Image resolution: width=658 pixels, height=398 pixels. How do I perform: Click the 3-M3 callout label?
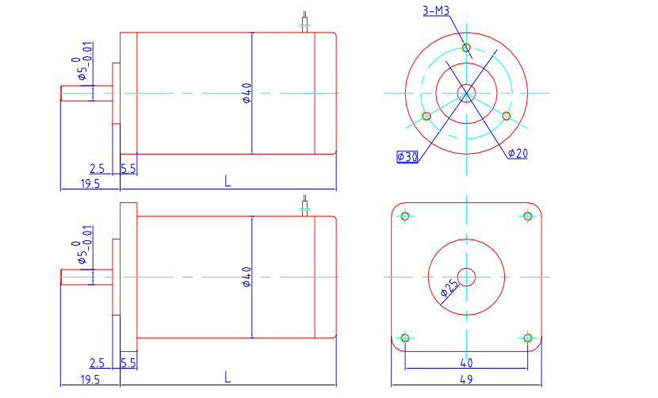coord(436,10)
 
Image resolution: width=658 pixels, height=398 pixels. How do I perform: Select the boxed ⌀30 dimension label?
coord(407,157)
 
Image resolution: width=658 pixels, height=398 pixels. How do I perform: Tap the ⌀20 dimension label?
coord(518,153)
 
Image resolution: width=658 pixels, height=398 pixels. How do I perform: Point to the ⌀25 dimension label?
coord(450,289)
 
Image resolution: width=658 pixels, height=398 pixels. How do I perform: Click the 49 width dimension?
coord(466,379)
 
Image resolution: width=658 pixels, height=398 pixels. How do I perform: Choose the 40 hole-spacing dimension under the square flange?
coord(466,362)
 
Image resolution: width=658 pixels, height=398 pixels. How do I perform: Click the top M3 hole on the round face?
coord(466,48)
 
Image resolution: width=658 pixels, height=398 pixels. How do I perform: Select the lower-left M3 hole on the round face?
coord(427,117)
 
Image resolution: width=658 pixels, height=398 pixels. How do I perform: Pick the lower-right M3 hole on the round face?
coord(507,116)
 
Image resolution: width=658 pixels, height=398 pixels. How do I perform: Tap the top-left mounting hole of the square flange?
coord(405,216)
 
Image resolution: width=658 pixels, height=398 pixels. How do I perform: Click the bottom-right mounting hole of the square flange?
coord(528,338)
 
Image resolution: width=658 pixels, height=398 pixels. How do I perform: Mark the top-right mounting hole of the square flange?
coord(528,216)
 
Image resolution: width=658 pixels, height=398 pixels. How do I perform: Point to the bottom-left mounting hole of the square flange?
coord(405,338)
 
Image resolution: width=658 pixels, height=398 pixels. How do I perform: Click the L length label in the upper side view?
coord(228,181)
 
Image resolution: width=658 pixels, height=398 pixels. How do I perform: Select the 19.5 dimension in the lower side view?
coord(90,380)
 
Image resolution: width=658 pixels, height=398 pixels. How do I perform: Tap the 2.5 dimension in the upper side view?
coord(97,169)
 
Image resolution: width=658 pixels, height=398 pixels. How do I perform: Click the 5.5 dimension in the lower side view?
coord(128,363)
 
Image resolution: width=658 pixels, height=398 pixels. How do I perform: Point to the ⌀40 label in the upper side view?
coord(247,93)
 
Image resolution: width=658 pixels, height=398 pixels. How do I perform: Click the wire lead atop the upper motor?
coord(305,22)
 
